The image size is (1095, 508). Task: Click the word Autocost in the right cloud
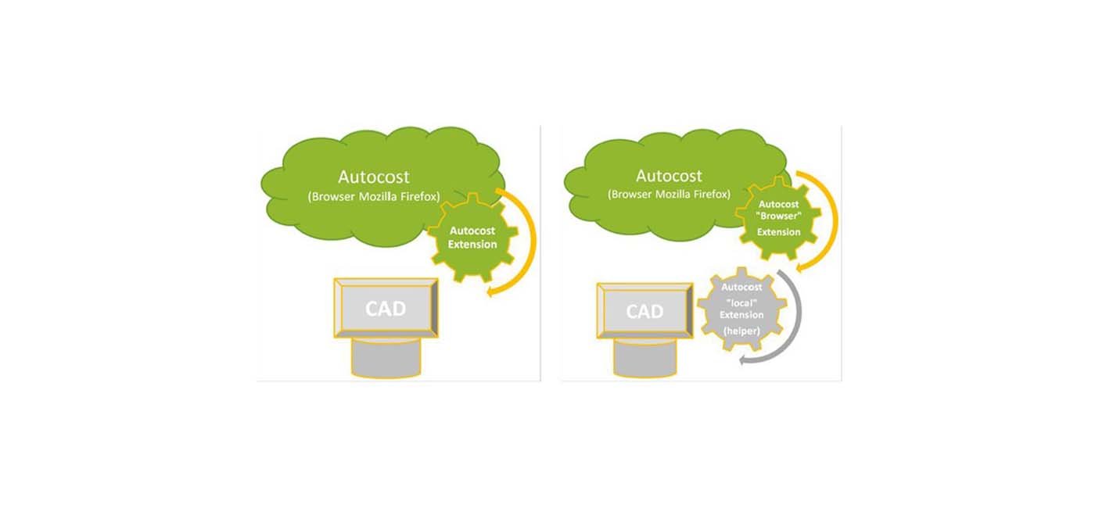pos(669,176)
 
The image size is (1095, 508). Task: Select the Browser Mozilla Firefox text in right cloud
pos(669,194)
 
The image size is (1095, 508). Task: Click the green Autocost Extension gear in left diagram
pos(472,238)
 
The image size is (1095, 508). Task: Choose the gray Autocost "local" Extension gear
pos(741,312)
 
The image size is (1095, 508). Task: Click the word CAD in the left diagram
pos(386,309)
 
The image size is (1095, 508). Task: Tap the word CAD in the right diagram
pos(644,312)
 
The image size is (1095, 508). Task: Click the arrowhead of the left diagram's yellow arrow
pos(491,292)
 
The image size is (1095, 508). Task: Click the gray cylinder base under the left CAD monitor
pos(386,360)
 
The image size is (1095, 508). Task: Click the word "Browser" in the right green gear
pos(778,218)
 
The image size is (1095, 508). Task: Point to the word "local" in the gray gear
pos(741,301)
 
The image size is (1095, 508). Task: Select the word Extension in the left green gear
pos(472,245)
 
